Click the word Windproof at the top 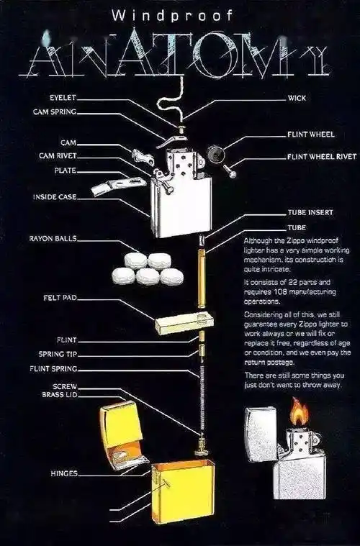180,14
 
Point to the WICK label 297,97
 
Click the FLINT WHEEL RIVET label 321,156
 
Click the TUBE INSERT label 310,213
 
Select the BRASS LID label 58,396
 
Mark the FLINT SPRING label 57,369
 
